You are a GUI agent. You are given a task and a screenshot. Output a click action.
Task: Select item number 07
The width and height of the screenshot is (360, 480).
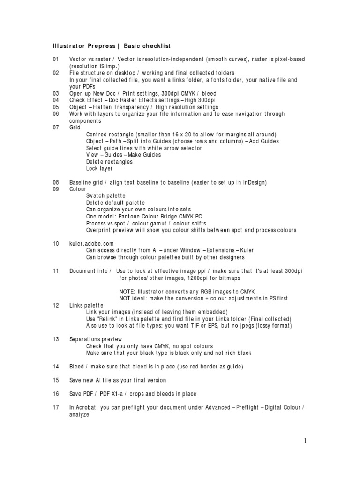(56, 127)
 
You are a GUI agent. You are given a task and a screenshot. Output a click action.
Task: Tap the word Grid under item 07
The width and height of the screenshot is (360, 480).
(75, 127)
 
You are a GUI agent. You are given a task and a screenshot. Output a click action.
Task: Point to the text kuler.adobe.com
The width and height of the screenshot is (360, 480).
(91, 244)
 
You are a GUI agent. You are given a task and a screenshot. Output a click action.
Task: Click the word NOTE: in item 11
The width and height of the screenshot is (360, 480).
(128, 292)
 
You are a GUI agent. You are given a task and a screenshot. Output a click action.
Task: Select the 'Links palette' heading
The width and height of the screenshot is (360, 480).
(86, 305)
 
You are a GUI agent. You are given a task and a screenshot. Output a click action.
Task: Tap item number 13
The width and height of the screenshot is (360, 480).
(56, 339)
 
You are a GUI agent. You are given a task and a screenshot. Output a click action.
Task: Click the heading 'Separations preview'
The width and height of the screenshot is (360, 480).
(96, 339)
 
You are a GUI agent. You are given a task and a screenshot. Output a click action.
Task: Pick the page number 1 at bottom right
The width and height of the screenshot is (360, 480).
(305, 441)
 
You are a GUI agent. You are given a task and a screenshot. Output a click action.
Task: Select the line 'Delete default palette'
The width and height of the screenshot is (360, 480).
(115, 202)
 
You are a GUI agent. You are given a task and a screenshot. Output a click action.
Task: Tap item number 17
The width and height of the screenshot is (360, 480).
(56, 407)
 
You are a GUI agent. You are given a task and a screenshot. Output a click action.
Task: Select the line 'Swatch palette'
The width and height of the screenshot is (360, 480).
(106, 195)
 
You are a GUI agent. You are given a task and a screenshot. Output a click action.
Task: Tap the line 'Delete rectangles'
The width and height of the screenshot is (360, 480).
(109, 162)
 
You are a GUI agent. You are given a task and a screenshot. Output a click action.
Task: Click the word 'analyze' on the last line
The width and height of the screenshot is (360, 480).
(79, 414)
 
